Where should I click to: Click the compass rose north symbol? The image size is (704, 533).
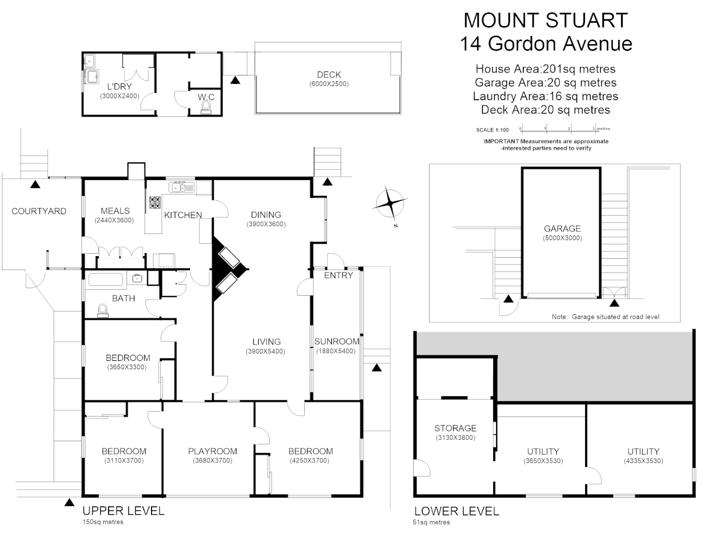(x=390, y=203)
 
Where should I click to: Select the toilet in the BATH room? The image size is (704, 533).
(x=103, y=310)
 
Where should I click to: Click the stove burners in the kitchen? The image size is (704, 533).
(x=156, y=202)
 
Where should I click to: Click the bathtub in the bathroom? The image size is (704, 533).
(x=105, y=279)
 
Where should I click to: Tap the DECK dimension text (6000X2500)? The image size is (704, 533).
(x=329, y=84)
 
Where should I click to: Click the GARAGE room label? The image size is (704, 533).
(x=562, y=228)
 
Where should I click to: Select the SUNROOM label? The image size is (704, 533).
(x=337, y=341)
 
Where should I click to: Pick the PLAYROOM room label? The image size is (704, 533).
(x=212, y=451)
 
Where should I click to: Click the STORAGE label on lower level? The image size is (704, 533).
(x=455, y=428)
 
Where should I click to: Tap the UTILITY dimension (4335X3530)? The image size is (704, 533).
(x=643, y=461)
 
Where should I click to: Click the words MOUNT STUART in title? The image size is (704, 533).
(x=546, y=20)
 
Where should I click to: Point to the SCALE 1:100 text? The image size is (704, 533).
(x=492, y=130)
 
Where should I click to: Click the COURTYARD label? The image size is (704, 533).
(x=39, y=211)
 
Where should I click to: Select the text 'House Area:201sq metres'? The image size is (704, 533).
(x=545, y=69)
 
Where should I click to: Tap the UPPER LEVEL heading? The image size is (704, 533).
(x=123, y=511)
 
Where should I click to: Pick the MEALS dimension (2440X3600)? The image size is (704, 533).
(x=114, y=220)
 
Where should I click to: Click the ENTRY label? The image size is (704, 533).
(x=338, y=275)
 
